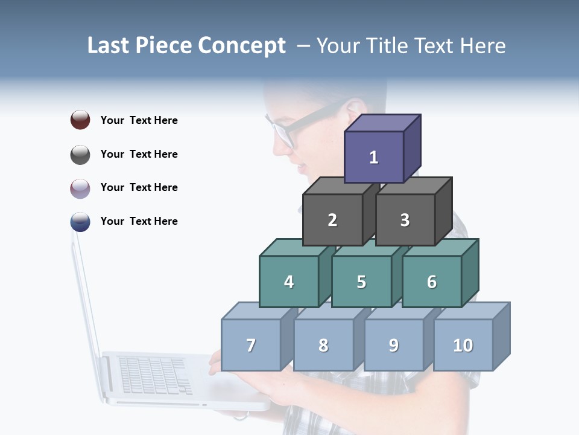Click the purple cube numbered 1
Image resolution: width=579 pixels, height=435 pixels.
click(x=374, y=157)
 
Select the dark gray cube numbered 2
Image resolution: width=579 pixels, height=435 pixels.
click(x=332, y=220)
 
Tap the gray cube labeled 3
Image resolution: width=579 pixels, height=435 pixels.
click(x=405, y=220)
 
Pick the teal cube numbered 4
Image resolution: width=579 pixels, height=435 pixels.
click(x=289, y=282)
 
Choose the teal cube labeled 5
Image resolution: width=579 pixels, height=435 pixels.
click(x=361, y=282)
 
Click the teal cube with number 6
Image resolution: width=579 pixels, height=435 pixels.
click(x=432, y=282)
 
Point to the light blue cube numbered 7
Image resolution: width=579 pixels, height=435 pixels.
click(x=251, y=345)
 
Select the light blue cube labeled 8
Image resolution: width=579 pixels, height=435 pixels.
click(x=323, y=345)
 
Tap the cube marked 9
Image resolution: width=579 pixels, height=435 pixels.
click(x=394, y=345)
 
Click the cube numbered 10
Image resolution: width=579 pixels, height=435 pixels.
click(x=463, y=345)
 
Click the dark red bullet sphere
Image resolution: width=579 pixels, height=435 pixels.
click(x=80, y=120)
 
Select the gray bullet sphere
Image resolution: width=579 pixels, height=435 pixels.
click(x=80, y=154)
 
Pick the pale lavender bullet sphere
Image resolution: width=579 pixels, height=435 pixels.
click(x=80, y=188)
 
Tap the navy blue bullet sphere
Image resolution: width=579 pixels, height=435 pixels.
click(x=80, y=221)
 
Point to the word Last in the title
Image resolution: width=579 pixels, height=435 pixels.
click(x=110, y=46)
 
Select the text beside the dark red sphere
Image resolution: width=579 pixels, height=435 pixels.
click(x=139, y=120)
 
